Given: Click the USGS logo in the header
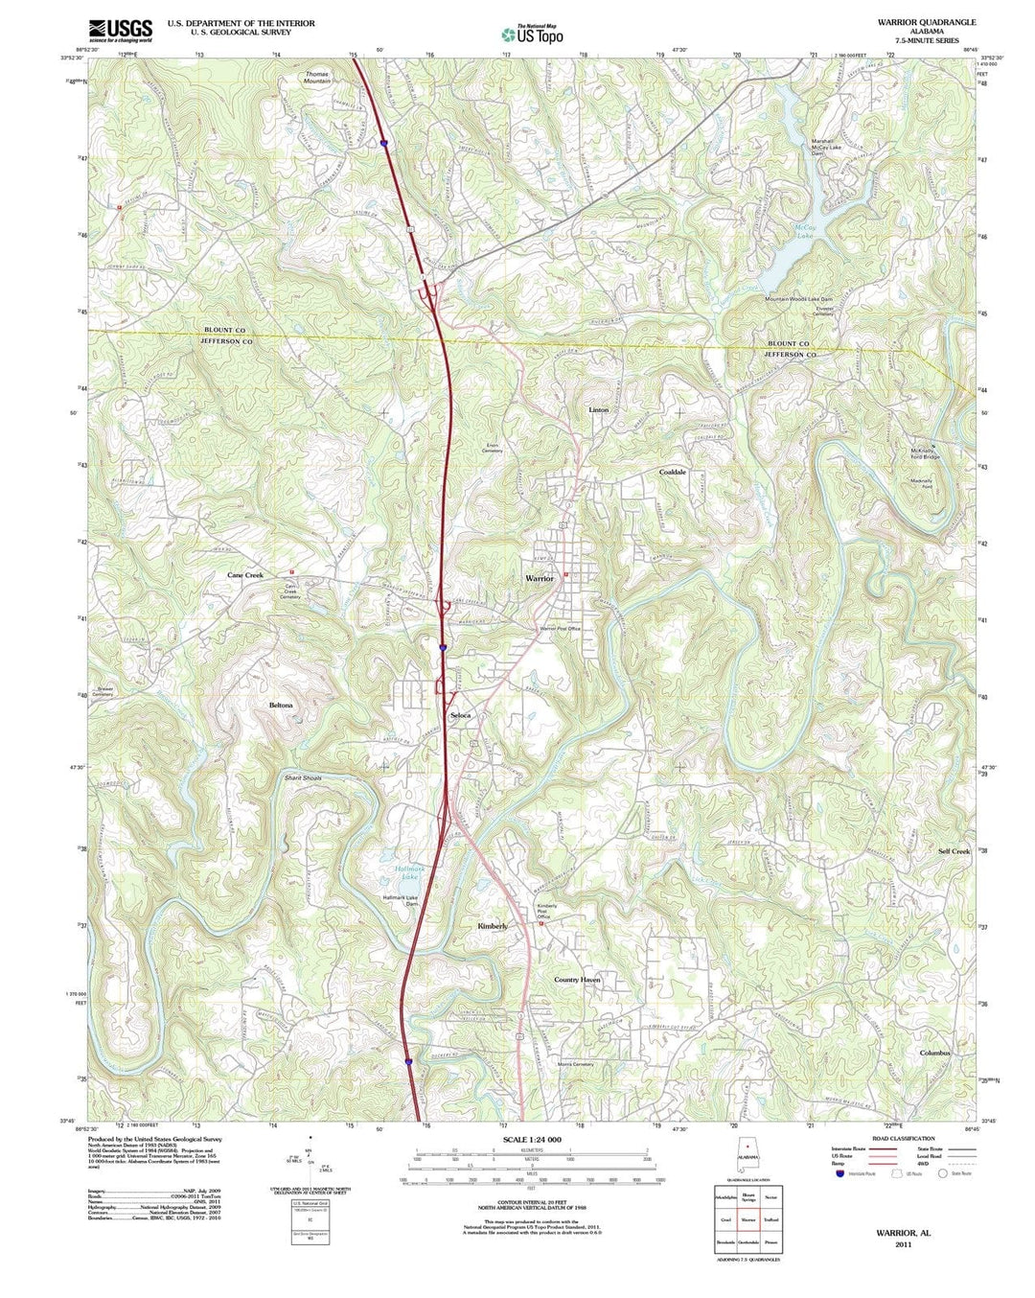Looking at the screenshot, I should (x=120, y=31).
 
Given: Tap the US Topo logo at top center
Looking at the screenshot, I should (x=532, y=35).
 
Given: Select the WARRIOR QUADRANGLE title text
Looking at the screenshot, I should (x=926, y=22).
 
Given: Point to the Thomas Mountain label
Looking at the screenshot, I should (x=317, y=78).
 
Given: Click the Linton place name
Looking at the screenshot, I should (x=598, y=410).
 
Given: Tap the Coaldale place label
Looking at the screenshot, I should (x=672, y=473).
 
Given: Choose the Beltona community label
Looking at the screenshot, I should (x=281, y=706).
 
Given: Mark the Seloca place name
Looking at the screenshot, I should (x=461, y=716).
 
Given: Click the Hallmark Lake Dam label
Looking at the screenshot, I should (x=402, y=900).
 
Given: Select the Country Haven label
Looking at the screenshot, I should (x=577, y=981).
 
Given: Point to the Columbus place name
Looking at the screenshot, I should (x=934, y=1054).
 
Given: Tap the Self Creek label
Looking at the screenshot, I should (x=954, y=851).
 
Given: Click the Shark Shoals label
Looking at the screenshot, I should (x=303, y=777).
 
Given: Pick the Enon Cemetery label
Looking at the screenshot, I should (x=493, y=448).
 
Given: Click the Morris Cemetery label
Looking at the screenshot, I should (x=576, y=1064).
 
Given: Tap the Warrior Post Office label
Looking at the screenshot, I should (x=560, y=629).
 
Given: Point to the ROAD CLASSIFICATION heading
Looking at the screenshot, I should (x=903, y=1139).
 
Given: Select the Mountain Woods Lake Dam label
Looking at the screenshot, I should (x=798, y=299).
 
